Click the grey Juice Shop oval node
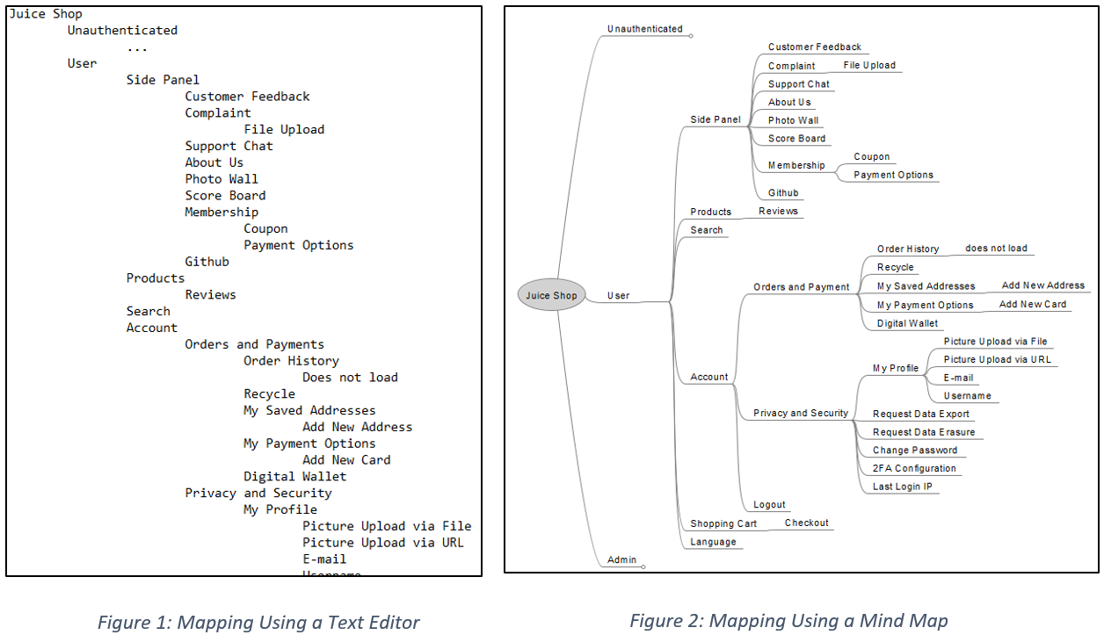(551, 295)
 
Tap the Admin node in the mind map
(621, 559)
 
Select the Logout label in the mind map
(769, 505)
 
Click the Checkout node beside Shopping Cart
(806, 523)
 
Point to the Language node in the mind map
(713, 542)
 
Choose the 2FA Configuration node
(914, 468)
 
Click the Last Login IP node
(902, 487)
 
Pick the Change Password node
(914, 450)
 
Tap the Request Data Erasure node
(923, 432)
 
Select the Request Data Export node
(920, 414)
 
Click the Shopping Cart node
(723, 523)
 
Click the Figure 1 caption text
(258, 623)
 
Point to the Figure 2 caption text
(788, 621)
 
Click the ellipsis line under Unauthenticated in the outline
(136, 47)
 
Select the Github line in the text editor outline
(207, 262)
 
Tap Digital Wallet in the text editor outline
(294, 476)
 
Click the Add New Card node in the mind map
(1032, 304)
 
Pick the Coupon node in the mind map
(871, 156)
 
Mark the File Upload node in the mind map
(868, 65)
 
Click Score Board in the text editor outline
(225, 195)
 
